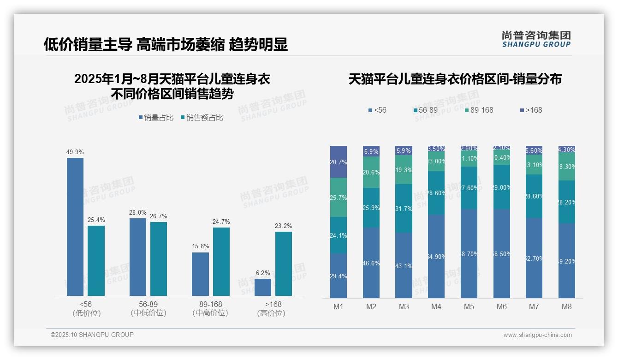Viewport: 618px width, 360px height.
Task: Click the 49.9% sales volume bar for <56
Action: [75, 227]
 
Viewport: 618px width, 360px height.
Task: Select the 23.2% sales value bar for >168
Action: [284, 264]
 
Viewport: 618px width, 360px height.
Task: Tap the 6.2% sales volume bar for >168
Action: [263, 287]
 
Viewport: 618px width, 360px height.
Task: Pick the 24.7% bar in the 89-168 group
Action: [221, 262]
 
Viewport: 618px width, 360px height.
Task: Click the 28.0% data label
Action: [138, 213]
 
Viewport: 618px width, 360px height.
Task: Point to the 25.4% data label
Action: [96, 220]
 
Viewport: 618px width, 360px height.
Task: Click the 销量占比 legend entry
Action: [156, 118]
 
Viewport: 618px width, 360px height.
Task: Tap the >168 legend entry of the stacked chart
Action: [531, 110]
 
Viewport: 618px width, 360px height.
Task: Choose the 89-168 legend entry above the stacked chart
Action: [479, 110]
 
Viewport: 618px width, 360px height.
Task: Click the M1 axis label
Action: [339, 306]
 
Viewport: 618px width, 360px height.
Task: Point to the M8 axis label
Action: [567, 306]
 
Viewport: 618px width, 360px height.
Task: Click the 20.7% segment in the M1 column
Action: [339, 162]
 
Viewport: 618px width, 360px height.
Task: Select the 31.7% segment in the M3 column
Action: [404, 208]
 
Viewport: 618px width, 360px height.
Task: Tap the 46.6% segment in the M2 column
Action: [371, 263]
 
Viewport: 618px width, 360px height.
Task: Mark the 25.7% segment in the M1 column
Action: [339, 197]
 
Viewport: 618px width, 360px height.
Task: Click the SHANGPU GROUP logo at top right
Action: [536, 39]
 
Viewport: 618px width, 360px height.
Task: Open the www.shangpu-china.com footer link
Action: [537, 335]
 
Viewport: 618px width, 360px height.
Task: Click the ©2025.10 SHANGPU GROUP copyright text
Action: [92, 335]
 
